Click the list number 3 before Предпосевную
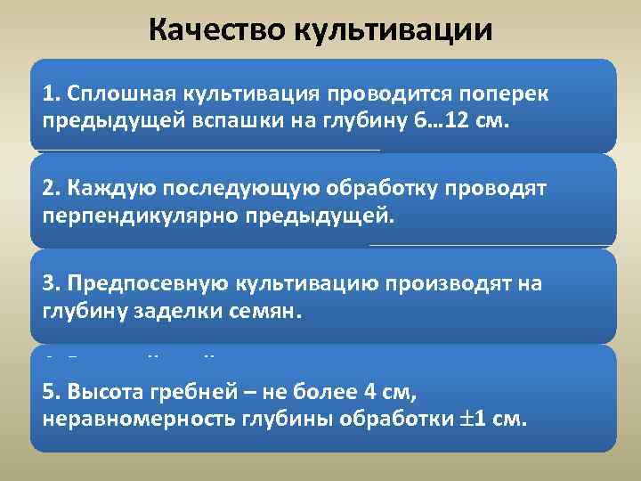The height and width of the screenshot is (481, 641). click(48, 284)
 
